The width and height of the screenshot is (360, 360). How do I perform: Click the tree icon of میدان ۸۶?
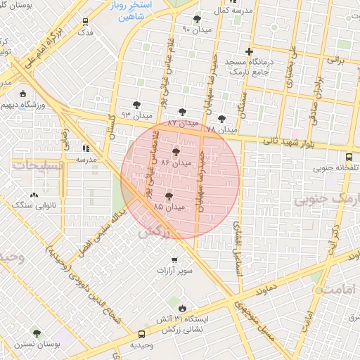[175, 151]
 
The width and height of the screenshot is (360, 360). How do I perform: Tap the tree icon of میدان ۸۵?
[169, 197]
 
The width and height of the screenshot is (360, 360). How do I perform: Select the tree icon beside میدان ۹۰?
[196, 19]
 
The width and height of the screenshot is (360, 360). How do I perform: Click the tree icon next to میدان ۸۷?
[183, 112]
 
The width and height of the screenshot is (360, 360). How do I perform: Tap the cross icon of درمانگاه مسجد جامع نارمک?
[248, 51]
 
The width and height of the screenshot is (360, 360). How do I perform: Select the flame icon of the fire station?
[182, 307]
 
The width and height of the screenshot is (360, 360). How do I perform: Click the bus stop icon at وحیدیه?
[143, 335]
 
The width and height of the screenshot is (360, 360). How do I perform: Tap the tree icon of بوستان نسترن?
[37, 333]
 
